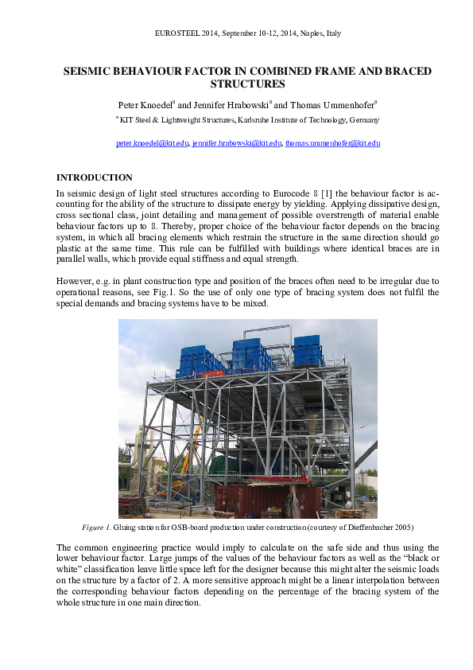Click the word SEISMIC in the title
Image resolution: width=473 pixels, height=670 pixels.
coord(87,71)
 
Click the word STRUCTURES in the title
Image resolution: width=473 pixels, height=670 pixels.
coord(247,84)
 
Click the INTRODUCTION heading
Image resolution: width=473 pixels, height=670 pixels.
coord(94,177)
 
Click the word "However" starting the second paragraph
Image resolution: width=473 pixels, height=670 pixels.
coord(74,280)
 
